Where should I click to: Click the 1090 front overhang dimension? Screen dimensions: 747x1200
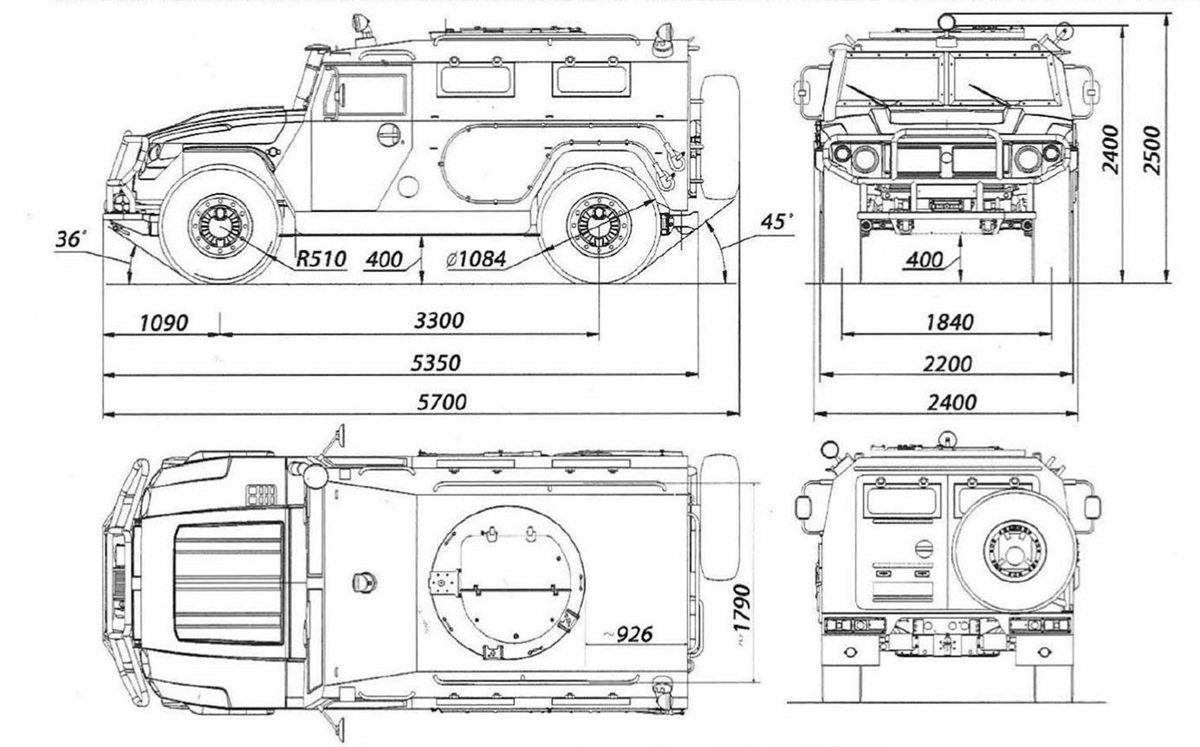(163, 322)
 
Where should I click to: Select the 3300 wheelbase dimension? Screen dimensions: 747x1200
(438, 321)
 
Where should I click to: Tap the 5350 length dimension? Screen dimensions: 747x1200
(435, 362)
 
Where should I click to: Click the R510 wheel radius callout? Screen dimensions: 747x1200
(321, 258)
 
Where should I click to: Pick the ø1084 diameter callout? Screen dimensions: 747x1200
(471, 258)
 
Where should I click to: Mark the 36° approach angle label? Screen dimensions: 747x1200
(71, 239)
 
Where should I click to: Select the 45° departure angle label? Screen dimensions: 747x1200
(776, 222)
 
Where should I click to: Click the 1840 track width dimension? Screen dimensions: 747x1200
(949, 322)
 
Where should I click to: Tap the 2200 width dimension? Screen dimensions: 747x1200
(947, 363)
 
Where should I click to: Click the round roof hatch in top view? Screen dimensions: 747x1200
(507, 581)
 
